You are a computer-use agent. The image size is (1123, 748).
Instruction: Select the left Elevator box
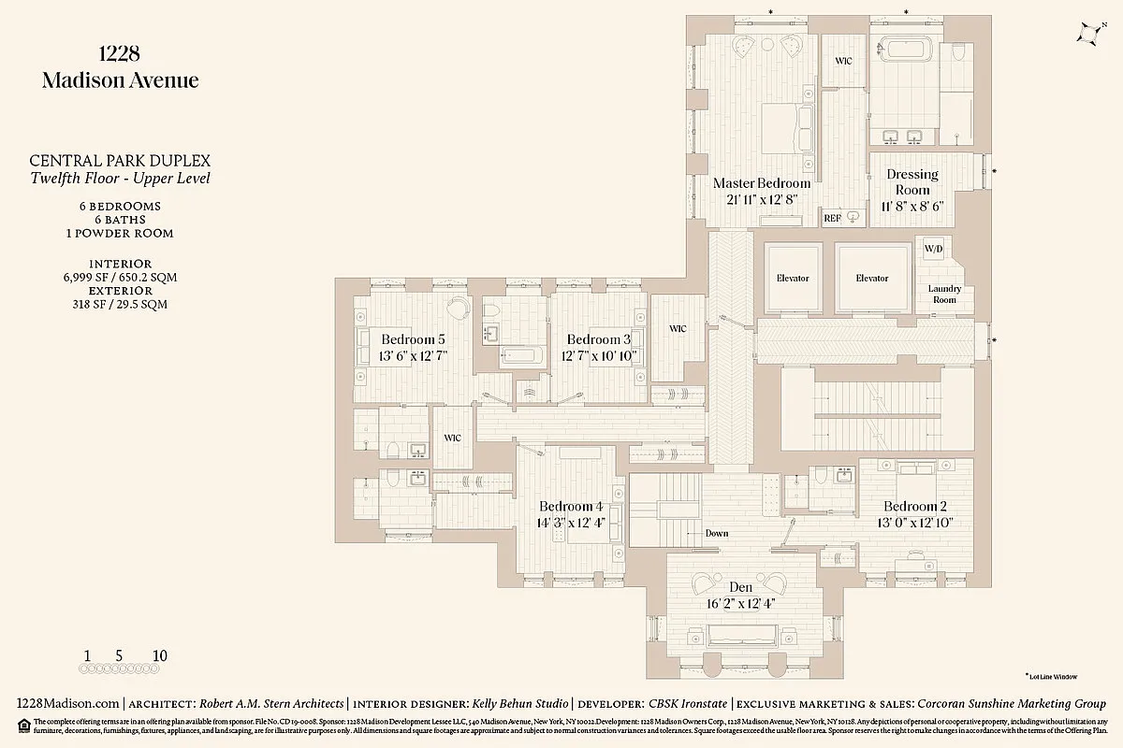click(792, 279)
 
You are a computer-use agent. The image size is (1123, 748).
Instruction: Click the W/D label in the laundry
click(933, 250)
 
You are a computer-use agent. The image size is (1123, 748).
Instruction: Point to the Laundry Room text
click(944, 295)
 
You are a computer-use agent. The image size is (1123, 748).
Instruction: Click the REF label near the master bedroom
click(833, 218)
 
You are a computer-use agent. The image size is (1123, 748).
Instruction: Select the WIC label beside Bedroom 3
click(678, 329)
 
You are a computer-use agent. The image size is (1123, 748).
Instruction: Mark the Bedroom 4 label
click(571, 506)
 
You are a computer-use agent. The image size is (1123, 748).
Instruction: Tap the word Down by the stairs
click(716, 533)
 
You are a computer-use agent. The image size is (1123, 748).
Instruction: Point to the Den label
click(741, 587)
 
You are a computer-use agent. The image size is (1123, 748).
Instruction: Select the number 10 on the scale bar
click(159, 656)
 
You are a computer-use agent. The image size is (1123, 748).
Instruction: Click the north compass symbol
click(1089, 34)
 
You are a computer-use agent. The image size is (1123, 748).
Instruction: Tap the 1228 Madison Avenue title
click(120, 67)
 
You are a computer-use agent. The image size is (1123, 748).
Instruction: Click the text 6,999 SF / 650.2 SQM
click(120, 278)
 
